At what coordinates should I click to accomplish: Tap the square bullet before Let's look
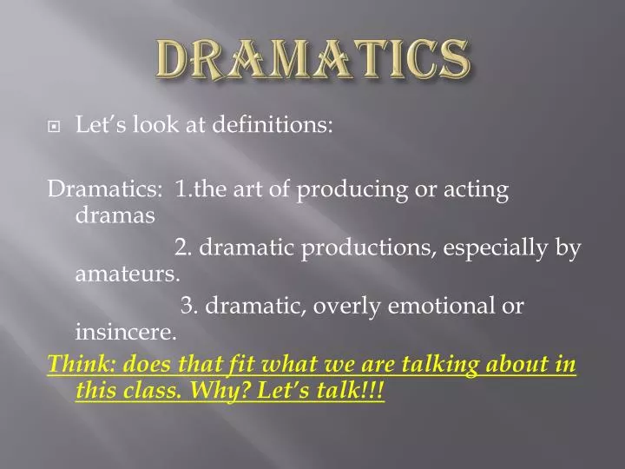[55, 127]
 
